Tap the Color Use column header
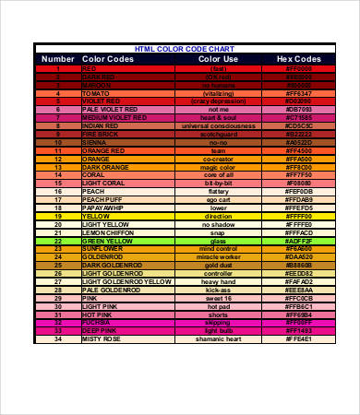(218, 58)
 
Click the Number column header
(56, 58)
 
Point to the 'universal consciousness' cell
(218, 126)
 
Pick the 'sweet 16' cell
(218, 298)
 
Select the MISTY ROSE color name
(102, 338)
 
